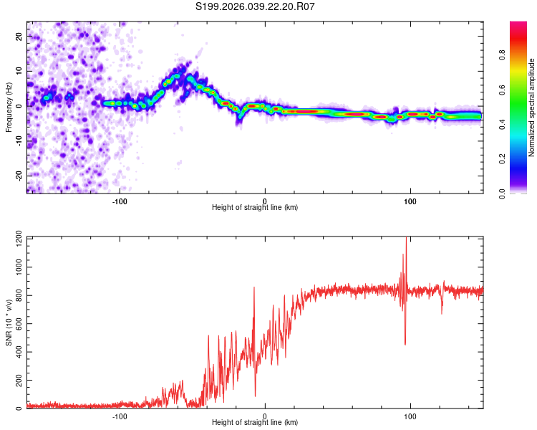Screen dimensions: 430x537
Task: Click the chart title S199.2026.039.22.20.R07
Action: [256, 7]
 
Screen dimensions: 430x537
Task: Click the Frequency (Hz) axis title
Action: [9, 107]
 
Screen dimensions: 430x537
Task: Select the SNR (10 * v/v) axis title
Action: [9, 322]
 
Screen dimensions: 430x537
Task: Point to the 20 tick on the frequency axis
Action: [19, 35]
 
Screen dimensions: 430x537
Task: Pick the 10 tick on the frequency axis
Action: [19, 70]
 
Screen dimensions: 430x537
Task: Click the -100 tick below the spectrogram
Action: [120, 200]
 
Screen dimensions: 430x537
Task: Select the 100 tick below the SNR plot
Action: [410, 416]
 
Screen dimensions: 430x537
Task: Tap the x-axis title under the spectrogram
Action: [255, 208]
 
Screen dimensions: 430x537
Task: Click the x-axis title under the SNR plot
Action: [255, 424]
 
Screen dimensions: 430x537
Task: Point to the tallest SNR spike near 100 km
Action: [406, 241]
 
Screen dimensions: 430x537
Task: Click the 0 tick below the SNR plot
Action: [265, 416]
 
